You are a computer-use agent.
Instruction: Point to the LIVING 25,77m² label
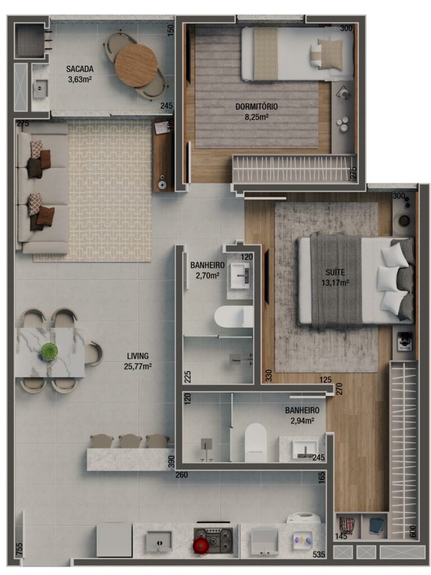pos(137,360)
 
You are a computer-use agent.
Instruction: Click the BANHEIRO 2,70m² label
pos(208,270)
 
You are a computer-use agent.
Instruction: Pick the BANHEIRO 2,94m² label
pos(302,415)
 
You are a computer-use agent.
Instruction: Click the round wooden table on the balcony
pos(136,65)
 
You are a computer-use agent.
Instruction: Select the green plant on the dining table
pos(49,352)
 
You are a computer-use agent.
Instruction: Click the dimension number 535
pos(319,555)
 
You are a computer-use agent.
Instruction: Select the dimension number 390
pos(171,462)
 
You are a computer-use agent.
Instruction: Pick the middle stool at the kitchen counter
pos(130,441)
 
